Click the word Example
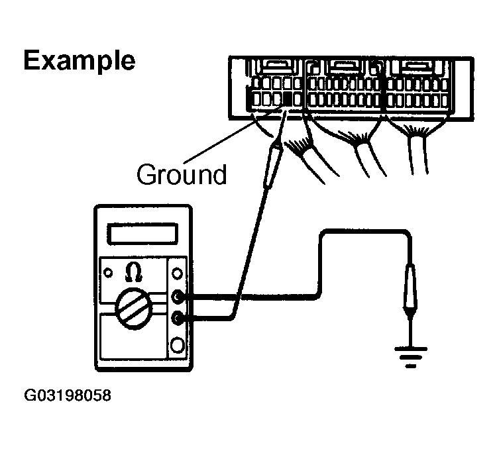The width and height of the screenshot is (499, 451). [x=80, y=62]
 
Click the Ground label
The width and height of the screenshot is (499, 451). [x=182, y=175]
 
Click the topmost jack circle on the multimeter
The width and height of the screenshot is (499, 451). [x=177, y=274]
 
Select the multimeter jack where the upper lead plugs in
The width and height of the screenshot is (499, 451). [x=177, y=296]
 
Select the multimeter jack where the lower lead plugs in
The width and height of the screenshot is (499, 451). [x=177, y=319]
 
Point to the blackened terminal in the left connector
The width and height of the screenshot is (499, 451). [x=288, y=100]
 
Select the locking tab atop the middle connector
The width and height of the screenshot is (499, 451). [x=342, y=66]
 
